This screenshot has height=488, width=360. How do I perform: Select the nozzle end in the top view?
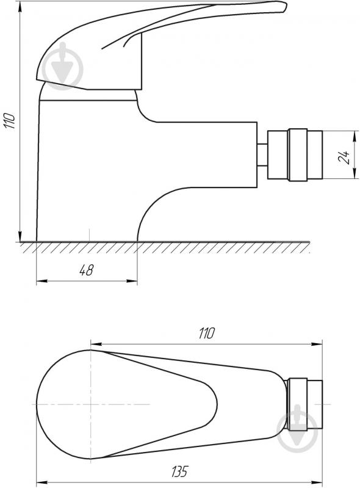click(x=305, y=404)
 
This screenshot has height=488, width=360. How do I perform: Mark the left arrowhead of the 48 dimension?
click(x=39, y=281)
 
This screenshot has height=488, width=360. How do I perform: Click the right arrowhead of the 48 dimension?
click(x=134, y=281)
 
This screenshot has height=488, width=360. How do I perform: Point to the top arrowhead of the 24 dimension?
click(x=355, y=133)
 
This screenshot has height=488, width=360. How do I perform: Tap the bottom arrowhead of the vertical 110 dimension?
click(x=20, y=238)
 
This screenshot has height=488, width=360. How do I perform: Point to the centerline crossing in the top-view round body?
click(x=91, y=404)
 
